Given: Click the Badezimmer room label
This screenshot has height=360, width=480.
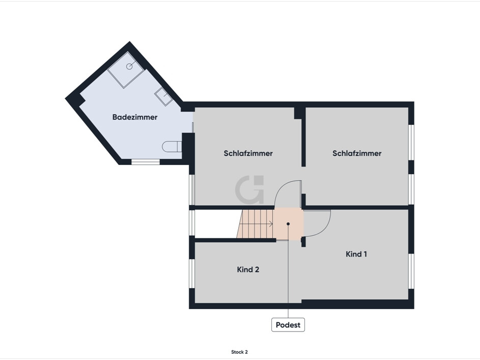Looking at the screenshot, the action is click(135, 117).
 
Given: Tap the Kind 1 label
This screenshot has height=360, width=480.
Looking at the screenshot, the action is click(356, 254).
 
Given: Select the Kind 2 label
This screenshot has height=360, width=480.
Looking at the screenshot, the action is click(248, 269).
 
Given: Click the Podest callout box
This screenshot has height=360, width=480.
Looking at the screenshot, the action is click(288, 325).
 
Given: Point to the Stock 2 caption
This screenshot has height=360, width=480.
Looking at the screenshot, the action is click(239, 352).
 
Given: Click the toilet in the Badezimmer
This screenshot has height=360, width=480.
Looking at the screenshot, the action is click(172, 146).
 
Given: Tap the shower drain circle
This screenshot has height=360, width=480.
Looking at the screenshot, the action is click(129, 66).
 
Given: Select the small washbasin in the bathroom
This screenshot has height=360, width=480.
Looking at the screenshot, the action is click(164, 96).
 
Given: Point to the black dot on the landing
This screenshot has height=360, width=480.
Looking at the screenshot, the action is click(288, 224).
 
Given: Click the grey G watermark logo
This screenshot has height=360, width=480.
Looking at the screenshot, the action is click(249, 189).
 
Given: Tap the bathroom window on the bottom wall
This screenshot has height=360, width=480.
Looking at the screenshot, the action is click(146, 162).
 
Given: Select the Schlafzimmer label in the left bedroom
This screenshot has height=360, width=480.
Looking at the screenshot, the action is click(248, 153).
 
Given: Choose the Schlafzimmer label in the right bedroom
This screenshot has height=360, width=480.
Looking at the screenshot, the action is click(357, 153).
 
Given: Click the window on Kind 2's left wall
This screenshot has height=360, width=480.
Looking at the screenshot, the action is click(192, 273).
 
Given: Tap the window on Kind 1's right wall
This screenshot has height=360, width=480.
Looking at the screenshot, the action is click(411, 271).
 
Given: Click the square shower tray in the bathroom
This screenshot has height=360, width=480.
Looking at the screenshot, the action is click(126, 70).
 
